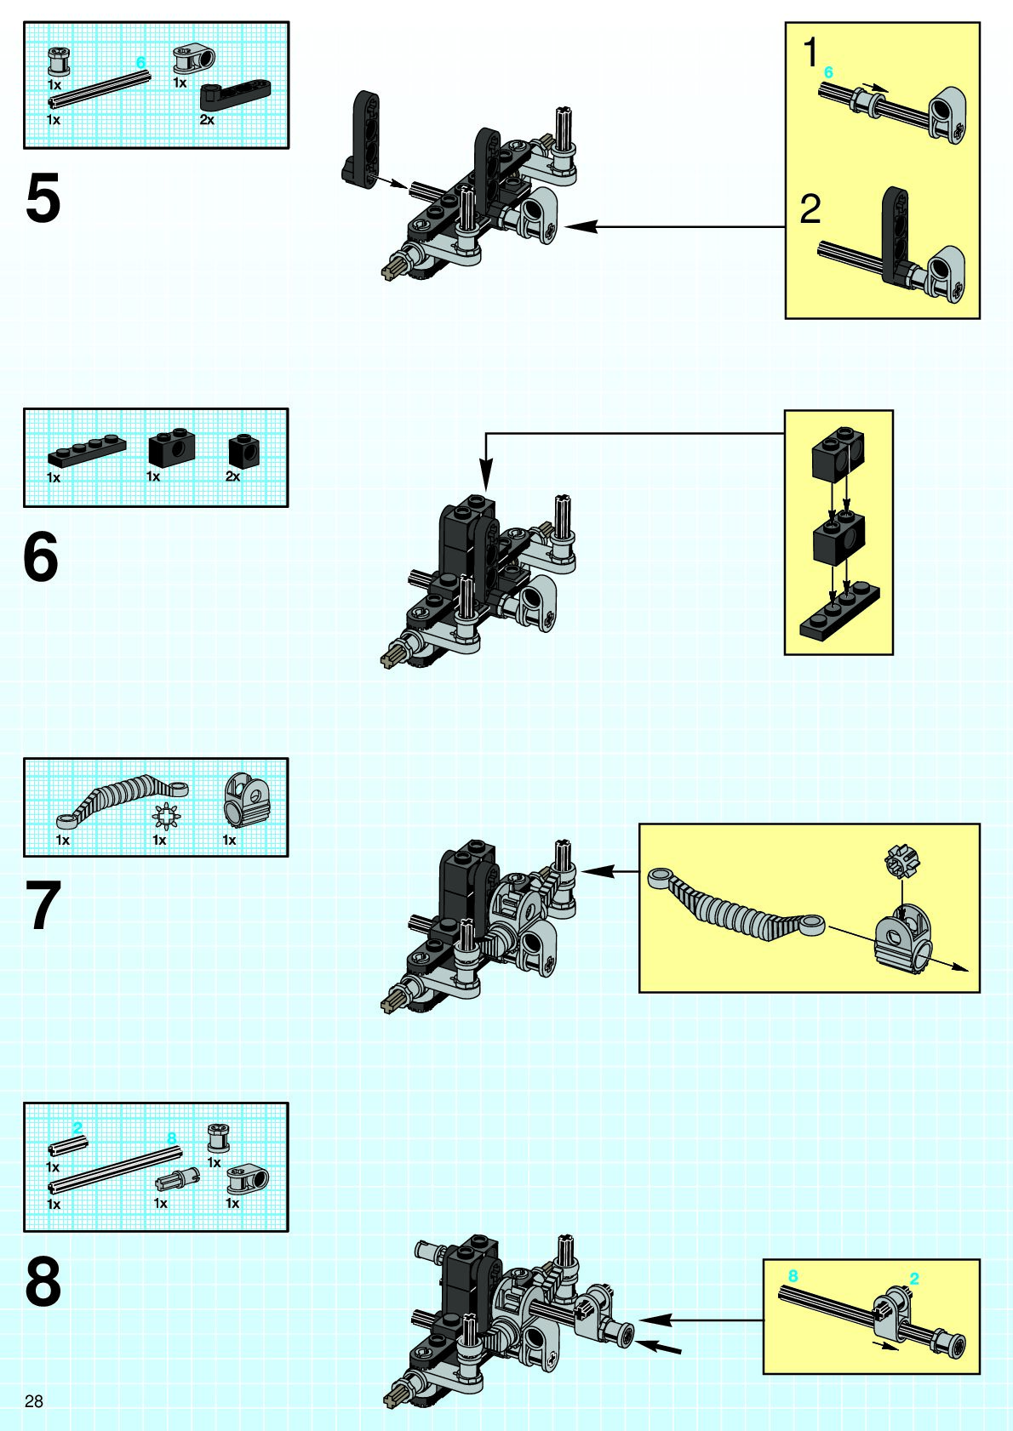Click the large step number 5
tap(43, 199)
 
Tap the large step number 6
tap(41, 557)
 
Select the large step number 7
tap(43, 906)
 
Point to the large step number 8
tap(43, 1283)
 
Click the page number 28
tap(34, 1401)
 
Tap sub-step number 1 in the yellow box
tap(810, 53)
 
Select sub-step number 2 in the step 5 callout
tap(810, 209)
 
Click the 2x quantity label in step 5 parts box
tap(207, 120)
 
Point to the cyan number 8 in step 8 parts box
tap(171, 1138)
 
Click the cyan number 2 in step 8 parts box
tap(77, 1128)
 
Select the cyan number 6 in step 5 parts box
tap(141, 62)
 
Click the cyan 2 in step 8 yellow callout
tap(914, 1279)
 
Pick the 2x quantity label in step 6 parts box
tap(232, 476)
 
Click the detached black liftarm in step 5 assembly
tap(362, 140)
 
